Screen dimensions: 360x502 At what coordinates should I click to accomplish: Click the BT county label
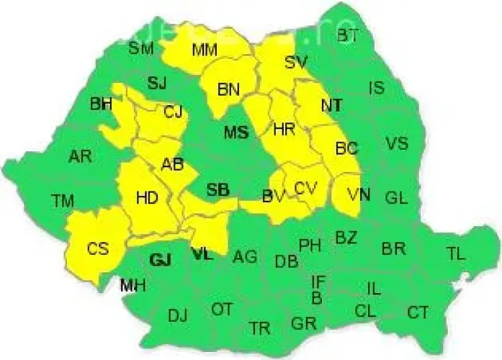[x=347, y=36]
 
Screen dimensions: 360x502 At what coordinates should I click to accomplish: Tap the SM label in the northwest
[x=141, y=48]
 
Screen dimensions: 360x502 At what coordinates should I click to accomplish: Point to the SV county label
[x=295, y=62]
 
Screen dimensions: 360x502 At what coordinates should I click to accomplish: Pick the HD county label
[x=147, y=197]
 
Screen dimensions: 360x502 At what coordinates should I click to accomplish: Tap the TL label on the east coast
[x=456, y=254]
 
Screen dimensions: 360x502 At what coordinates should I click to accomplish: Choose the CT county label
[x=418, y=312]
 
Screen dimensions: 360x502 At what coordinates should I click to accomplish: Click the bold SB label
[x=218, y=191]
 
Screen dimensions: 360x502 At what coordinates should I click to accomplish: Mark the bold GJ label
[x=161, y=260]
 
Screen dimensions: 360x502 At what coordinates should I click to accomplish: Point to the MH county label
[x=133, y=286]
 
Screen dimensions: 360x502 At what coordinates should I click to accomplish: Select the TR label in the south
[x=260, y=328]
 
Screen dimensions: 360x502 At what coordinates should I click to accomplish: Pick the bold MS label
[x=236, y=132]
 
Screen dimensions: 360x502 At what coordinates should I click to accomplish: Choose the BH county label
[x=102, y=104]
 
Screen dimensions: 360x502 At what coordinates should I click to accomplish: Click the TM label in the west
[x=63, y=199]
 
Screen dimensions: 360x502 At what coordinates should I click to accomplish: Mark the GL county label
[x=396, y=197]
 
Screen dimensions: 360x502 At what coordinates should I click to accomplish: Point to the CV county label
[x=305, y=189]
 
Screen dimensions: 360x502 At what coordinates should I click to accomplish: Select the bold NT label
[x=332, y=105]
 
